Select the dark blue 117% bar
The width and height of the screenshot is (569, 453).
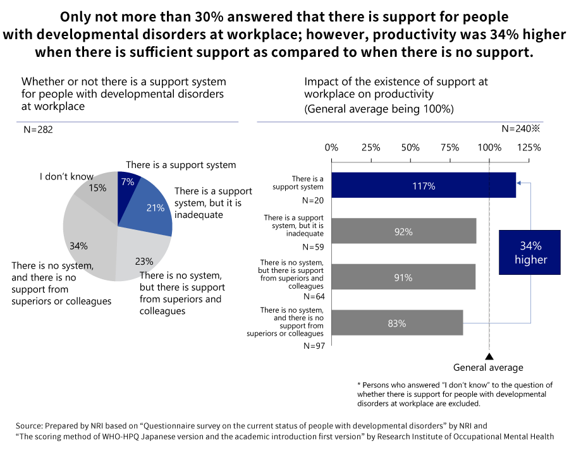point(423,186)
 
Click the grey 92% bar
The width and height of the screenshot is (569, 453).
point(403,231)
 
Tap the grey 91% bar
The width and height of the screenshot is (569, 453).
point(403,277)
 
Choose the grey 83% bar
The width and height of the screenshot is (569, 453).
point(396,323)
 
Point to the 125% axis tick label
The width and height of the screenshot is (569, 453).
point(529,148)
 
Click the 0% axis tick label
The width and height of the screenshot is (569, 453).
point(331,148)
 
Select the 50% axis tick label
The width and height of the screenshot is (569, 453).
point(410,148)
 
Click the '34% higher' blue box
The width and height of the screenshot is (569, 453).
point(530,252)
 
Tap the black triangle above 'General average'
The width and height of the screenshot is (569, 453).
point(489,356)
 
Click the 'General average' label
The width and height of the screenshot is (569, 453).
point(488,368)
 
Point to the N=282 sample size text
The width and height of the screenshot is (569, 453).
point(38,130)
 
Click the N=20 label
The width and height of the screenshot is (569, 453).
point(313,200)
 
